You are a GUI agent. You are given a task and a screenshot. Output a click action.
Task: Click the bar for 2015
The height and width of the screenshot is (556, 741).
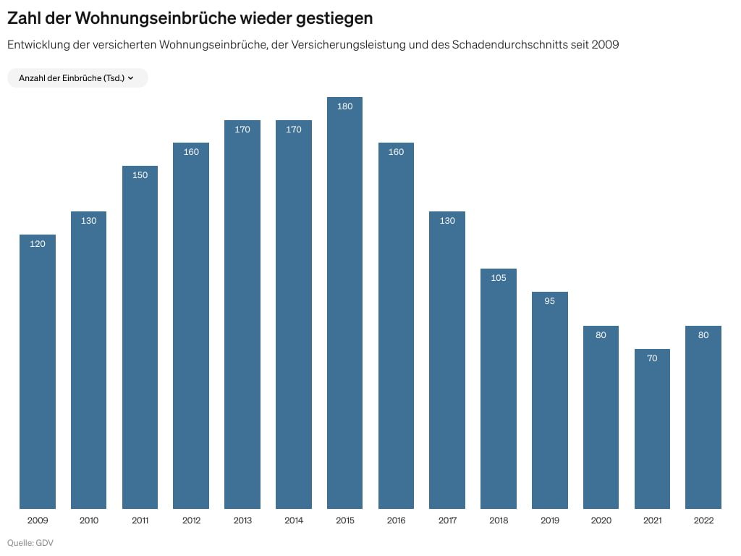(344, 304)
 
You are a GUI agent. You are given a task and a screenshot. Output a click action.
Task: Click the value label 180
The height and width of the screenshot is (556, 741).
(344, 106)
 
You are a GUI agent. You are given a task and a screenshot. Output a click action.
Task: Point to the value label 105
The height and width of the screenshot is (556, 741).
(499, 278)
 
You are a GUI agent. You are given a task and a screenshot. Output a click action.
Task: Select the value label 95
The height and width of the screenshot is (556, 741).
(549, 301)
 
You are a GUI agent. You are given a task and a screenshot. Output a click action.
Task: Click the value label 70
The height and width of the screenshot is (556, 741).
(652, 358)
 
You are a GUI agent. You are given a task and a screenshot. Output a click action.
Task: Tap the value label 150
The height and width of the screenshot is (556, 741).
(140, 175)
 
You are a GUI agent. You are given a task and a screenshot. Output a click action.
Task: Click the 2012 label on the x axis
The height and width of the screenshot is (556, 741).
(191, 521)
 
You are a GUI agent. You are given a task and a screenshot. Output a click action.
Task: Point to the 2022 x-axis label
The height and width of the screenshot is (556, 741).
(703, 521)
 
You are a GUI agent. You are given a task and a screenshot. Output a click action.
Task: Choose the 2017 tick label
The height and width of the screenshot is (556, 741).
(447, 521)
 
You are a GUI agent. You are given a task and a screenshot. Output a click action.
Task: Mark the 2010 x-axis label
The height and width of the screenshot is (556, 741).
(88, 521)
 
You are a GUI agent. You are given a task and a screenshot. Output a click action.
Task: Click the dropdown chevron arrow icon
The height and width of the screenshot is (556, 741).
(131, 78)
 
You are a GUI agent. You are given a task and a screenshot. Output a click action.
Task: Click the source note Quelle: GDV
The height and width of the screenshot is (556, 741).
(30, 543)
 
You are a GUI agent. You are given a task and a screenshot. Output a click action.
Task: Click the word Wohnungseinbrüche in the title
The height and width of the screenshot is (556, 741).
(156, 17)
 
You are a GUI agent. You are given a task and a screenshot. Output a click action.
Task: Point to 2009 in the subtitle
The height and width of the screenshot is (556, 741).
(605, 45)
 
